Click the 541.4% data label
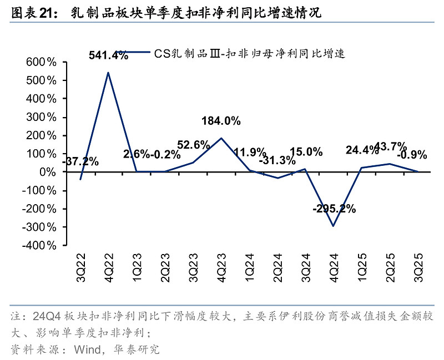click(109, 55)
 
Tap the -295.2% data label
click(334, 210)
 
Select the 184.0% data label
click(221, 121)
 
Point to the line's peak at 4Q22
click(108, 73)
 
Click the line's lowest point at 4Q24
click(334, 226)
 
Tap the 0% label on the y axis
click(47, 172)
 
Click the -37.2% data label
click(81, 162)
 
